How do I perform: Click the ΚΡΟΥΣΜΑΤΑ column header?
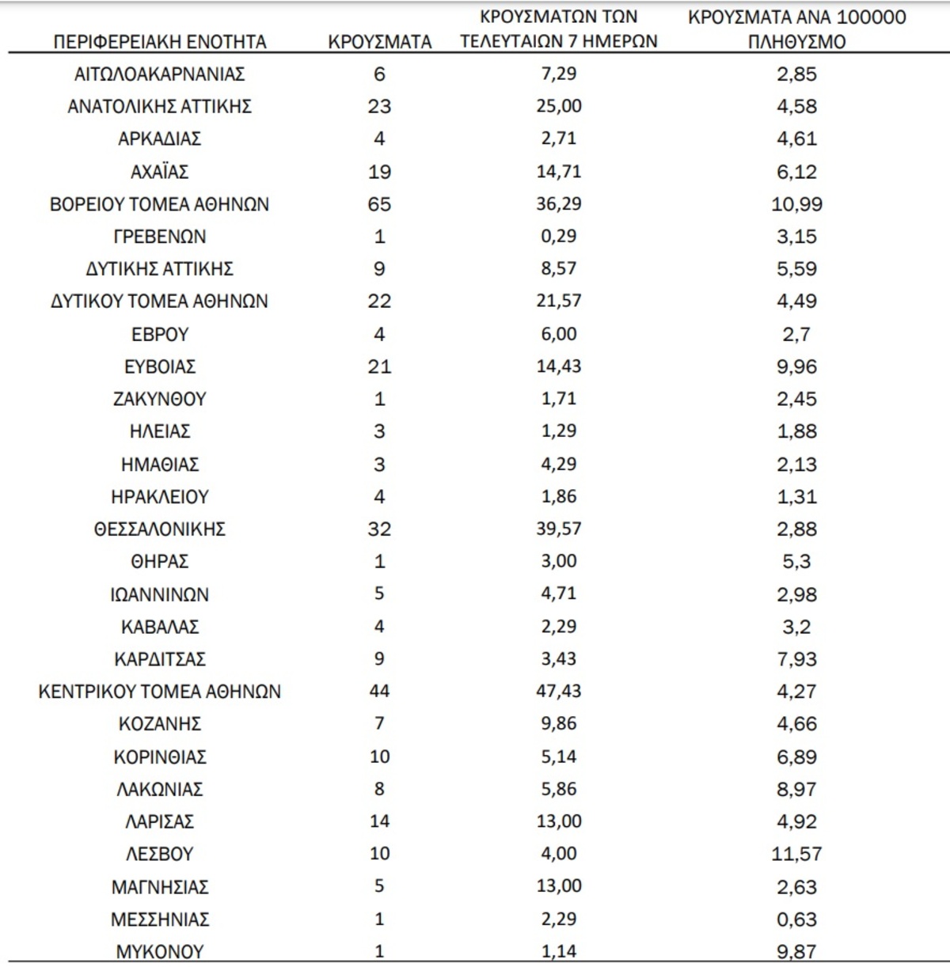tap(380, 42)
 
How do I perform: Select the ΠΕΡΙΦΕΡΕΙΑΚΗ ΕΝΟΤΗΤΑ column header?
tap(160, 42)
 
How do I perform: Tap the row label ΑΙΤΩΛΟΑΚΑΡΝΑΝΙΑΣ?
tap(160, 74)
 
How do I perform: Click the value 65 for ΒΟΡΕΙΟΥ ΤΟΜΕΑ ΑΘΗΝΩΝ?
tap(379, 204)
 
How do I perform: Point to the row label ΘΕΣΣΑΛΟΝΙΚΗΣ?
tap(160, 529)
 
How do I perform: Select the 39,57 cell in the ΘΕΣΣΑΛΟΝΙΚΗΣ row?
tap(559, 529)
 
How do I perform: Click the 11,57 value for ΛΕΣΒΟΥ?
tap(796, 855)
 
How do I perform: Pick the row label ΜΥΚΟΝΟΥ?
tap(160, 952)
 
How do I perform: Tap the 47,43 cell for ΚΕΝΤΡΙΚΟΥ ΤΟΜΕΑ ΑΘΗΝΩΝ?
tap(559, 691)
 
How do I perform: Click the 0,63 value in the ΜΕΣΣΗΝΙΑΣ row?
tap(796, 920)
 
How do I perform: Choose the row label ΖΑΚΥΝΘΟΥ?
tap(160, 399)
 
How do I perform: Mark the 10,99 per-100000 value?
tap(796, 204)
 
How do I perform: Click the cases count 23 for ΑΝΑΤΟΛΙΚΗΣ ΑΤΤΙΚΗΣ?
tap(379, 107)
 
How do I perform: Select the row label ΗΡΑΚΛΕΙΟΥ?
tap(160, 497)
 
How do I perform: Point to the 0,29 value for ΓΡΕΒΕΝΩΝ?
tap(559, 237)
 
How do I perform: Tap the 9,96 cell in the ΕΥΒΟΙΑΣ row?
tap(796, 367)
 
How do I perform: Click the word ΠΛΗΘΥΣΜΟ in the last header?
tap(796, 42)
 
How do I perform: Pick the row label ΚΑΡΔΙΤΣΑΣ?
tap(160, 659)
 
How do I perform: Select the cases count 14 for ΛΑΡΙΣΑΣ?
tap(379, 821)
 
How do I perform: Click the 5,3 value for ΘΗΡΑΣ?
tap(796, 562)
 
